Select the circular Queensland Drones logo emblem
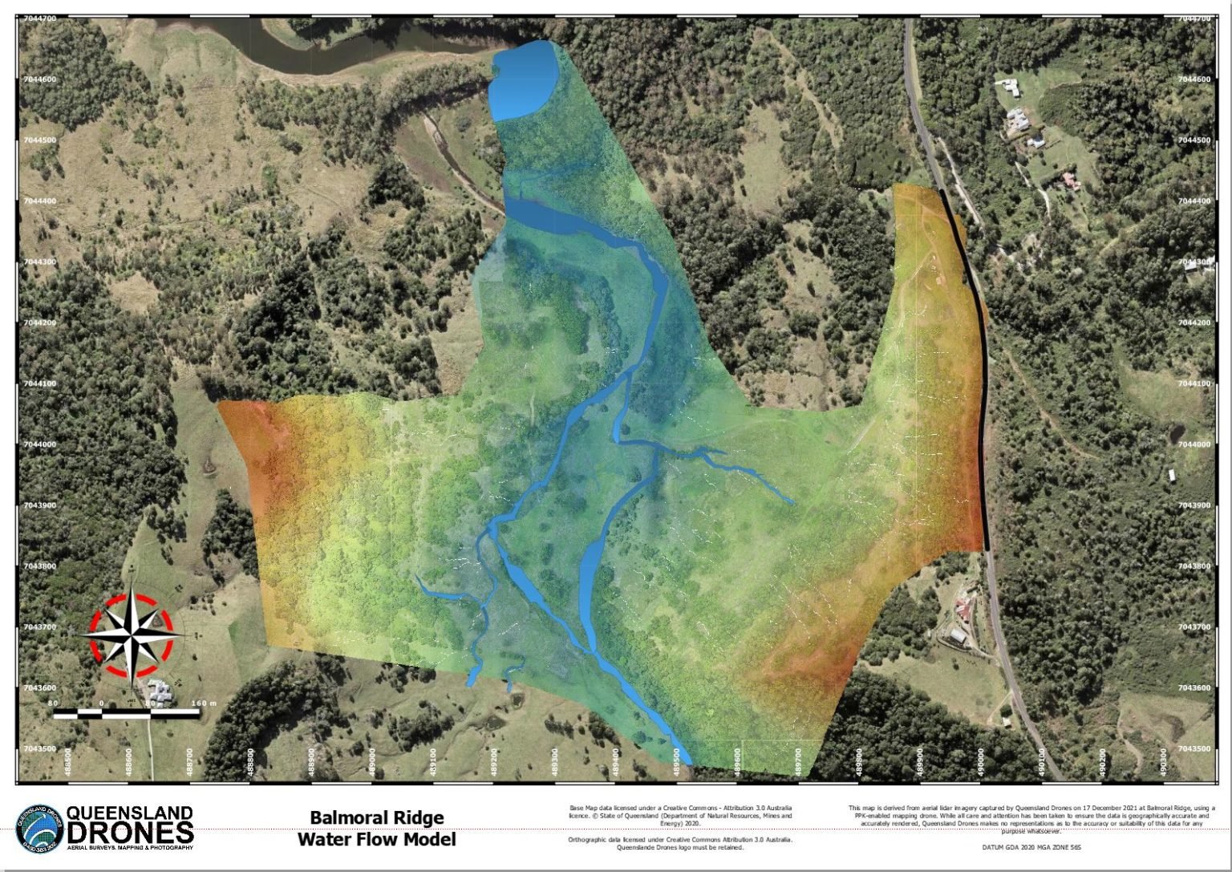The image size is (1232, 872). coord(39,829)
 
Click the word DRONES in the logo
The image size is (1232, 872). coord(131,831)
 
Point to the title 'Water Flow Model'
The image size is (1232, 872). coord(376,839)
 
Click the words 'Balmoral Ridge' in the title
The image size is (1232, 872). coord(376,817)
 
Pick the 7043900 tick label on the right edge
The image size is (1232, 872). coord(1194,505)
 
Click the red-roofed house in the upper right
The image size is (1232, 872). coord(1069,179)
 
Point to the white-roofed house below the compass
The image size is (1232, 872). coord(159,689)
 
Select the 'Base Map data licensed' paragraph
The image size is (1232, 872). coord(680,815)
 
